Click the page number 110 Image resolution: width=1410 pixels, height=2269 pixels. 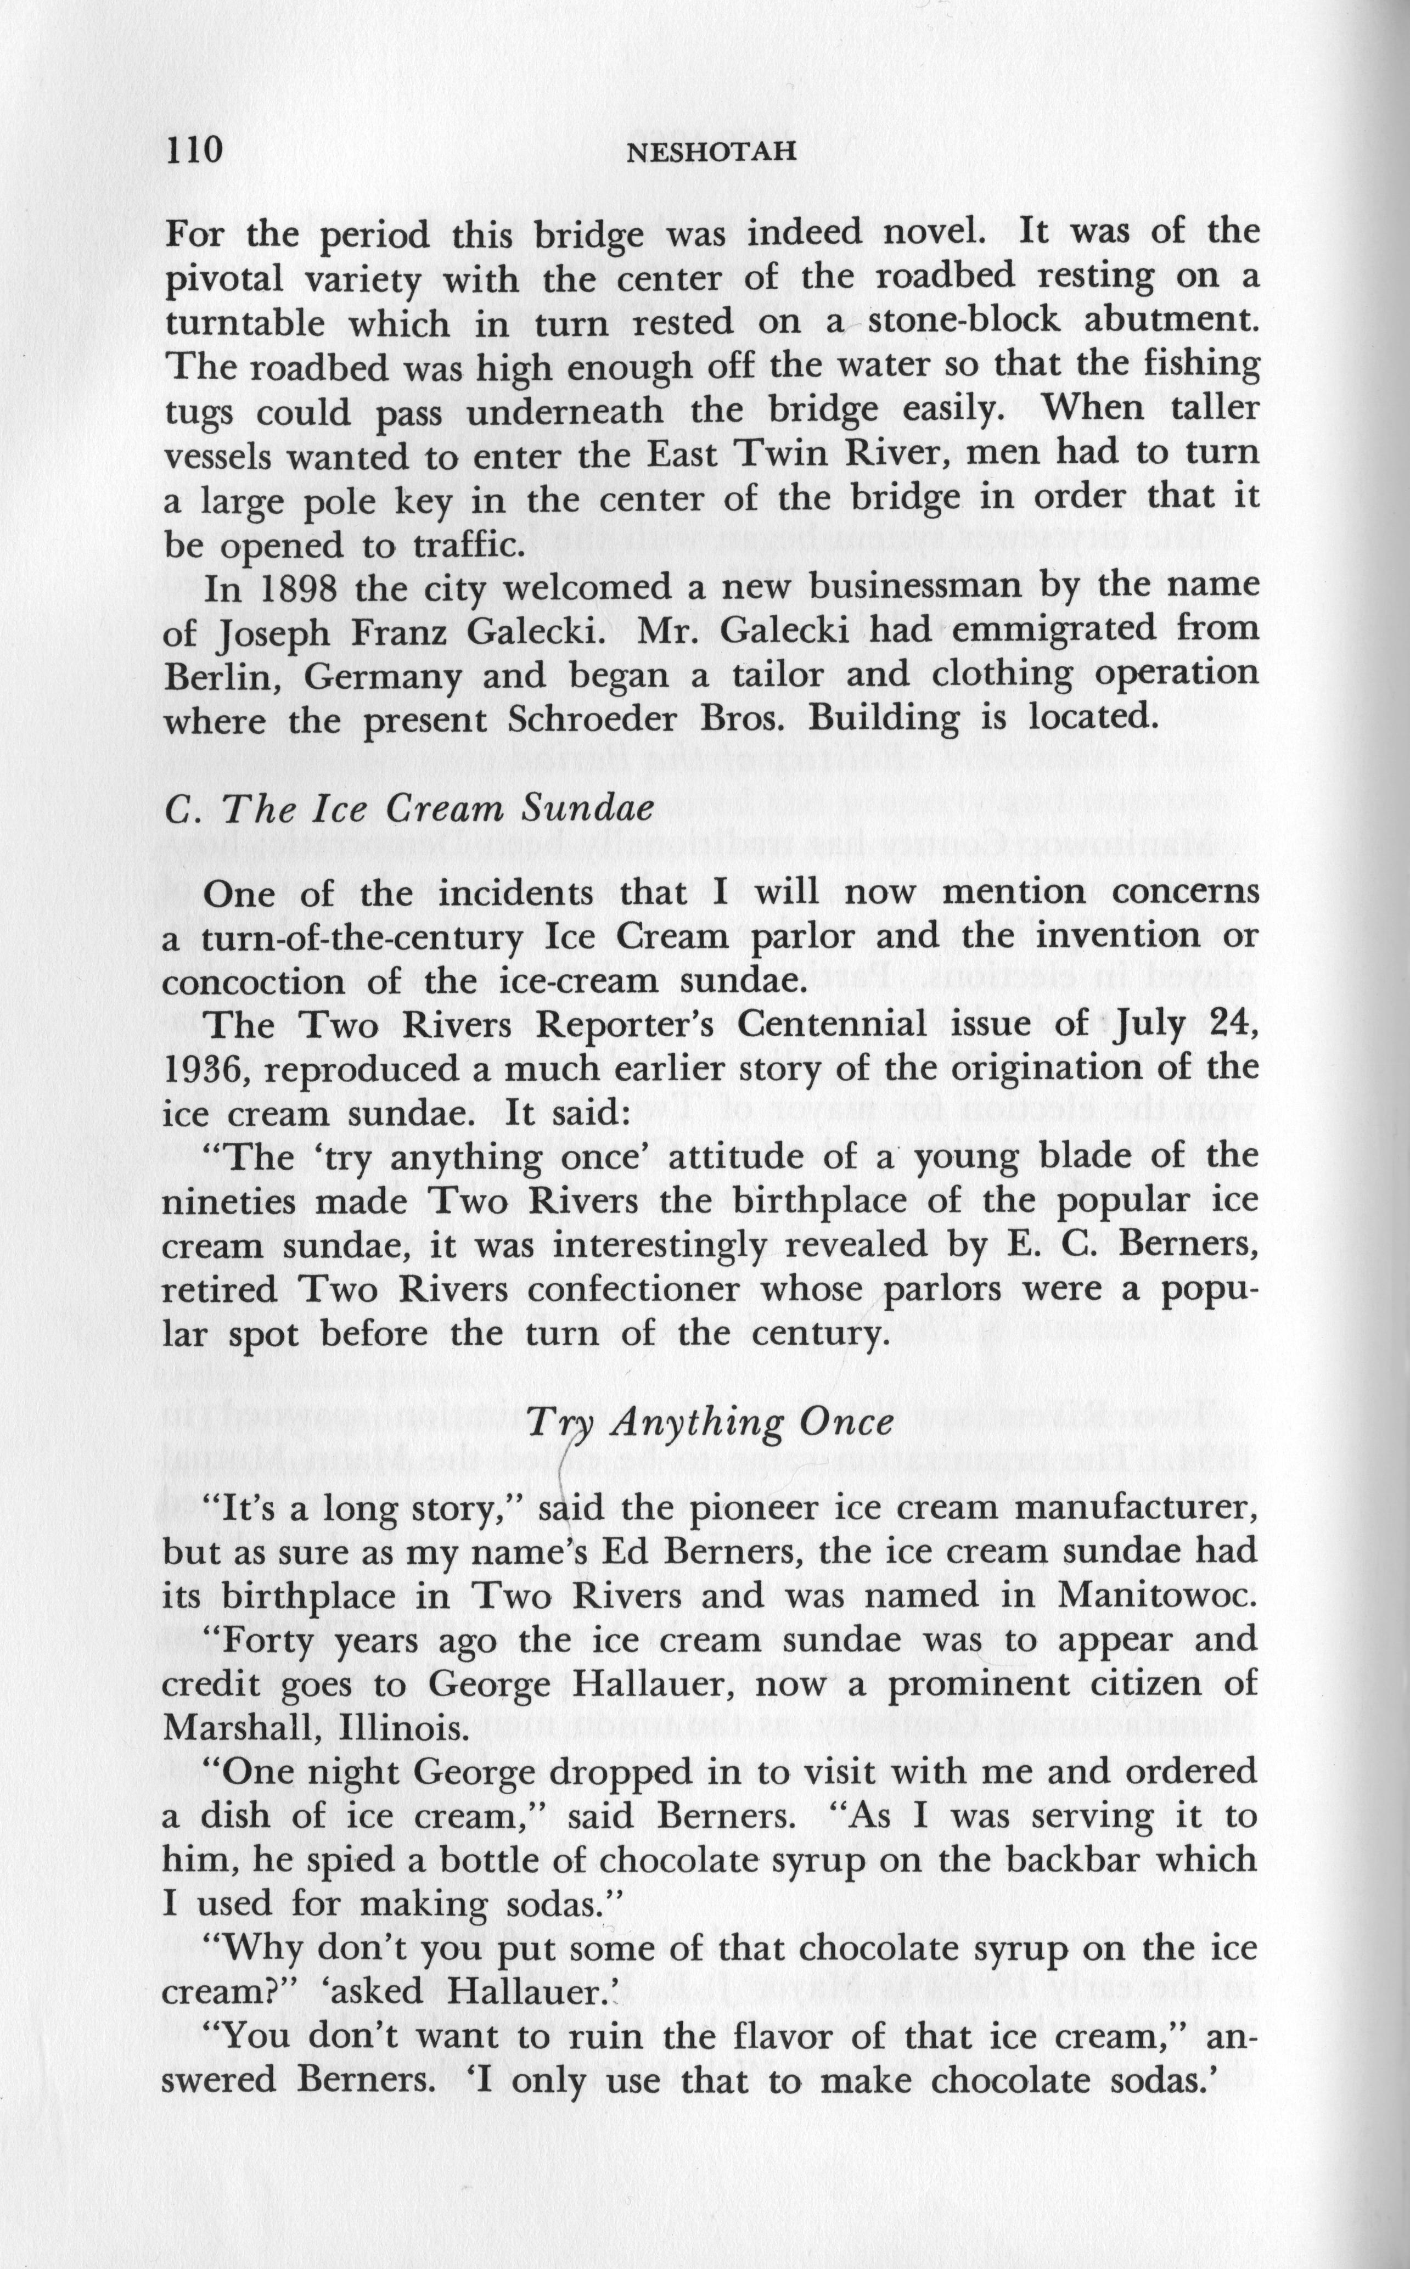pyautogui.click(x=194, y=149)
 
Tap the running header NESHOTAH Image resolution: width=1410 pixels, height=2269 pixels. pyautogui.click(x=712, y=151)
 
